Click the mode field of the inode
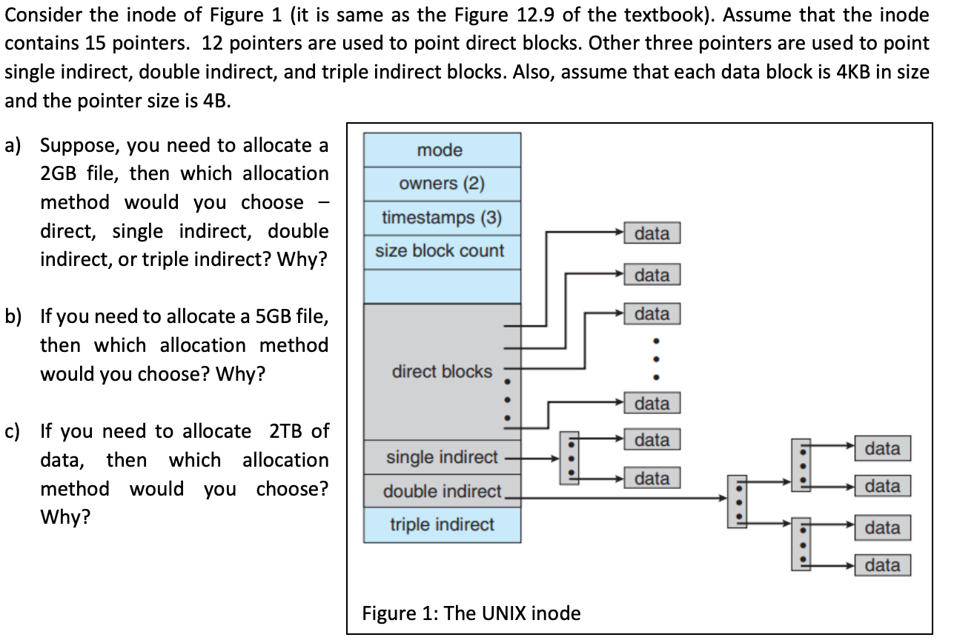click(440, 150)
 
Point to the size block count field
click(440, 251)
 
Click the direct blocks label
click(442, 371)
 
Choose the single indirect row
click(442, 457)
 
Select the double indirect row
click(442, 491)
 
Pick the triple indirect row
click(442, 524)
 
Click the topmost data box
click(652, 233)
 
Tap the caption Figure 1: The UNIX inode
click(471, 613)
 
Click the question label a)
click(13, 145)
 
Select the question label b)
click(13, 317)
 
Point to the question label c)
click(13, 431)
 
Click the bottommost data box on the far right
click(882, 566)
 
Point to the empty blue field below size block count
click(442, 286)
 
